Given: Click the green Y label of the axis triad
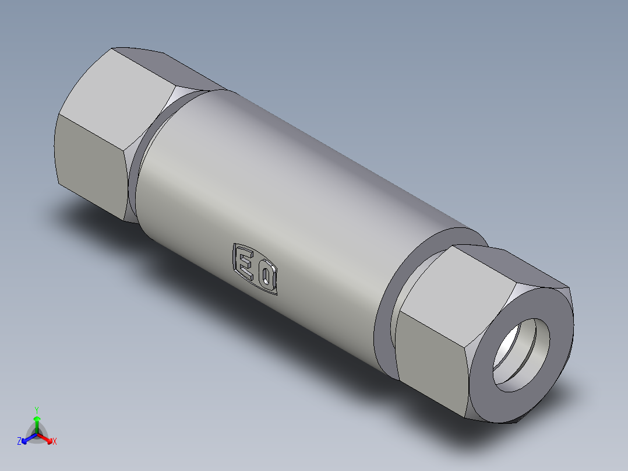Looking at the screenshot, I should pos(37,410).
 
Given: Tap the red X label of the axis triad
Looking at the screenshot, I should pos(55,442).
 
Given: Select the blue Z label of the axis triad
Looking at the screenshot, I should pos(19,442).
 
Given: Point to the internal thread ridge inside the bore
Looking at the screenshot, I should pos(513,350).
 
